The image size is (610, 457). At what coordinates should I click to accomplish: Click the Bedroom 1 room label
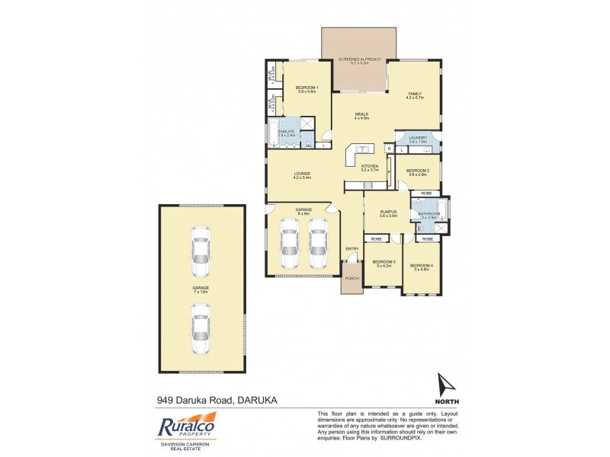pyautogui.click(x=307, y=88)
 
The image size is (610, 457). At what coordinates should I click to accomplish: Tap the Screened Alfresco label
pyautogui.click(x=359, y=58)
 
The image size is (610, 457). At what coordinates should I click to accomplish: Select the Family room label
pyautogui.click(x=414, y=94)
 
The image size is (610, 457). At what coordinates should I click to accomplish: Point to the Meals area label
pyautogui.click(x=361, y=114)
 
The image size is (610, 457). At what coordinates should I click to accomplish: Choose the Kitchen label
pyautogui.click(x=370, y=166)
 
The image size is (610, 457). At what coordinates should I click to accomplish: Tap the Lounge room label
pyautogui.click(x=302, y=174)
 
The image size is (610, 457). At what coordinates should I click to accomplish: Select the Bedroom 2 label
pyautogui.click(x=418, y=171)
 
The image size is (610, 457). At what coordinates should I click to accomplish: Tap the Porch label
pyautogui.click(x=352, y=278)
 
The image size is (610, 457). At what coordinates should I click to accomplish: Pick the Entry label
pyautogui.click(x=352, y=248)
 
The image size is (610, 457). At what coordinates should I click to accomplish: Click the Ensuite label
pyautogui.click(x=287, y=132)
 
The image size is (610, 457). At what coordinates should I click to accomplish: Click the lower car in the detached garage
pyautogui.click(x=202, y=329)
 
